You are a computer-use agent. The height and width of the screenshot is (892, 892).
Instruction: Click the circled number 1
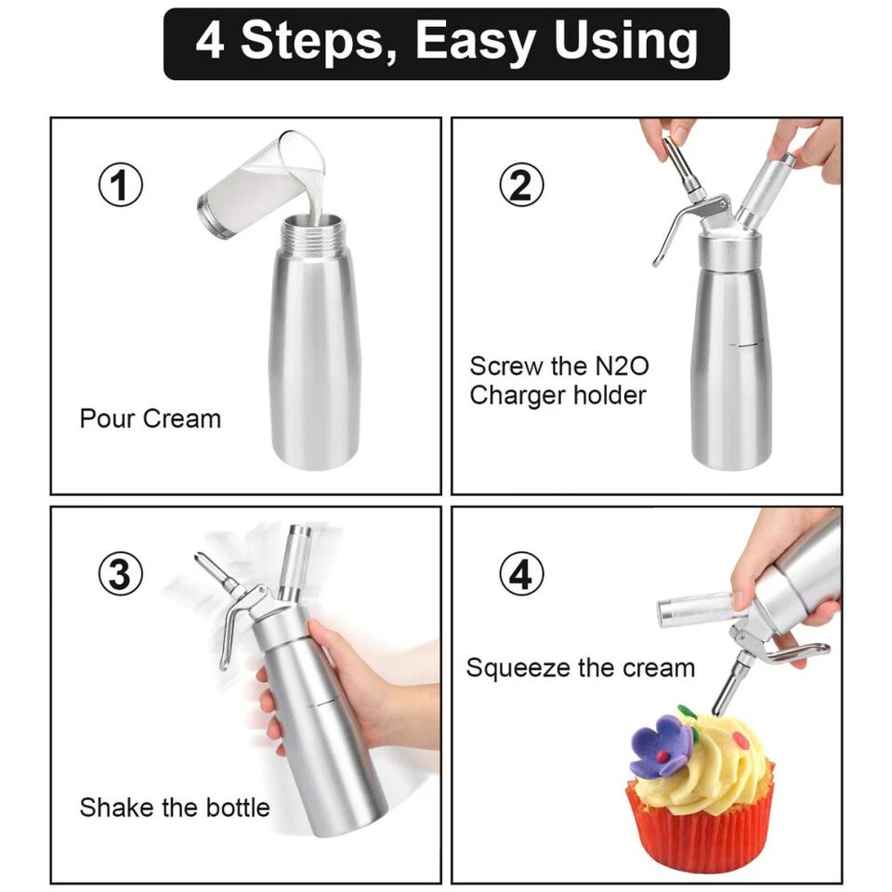click(121, 184)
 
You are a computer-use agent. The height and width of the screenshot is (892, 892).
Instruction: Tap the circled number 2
click(521, 184)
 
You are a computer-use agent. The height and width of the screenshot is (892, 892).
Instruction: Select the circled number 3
click(121, 573)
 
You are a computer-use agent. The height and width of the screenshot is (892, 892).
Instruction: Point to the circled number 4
click(521, 573)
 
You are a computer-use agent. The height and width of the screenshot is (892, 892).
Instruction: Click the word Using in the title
click(625, 42)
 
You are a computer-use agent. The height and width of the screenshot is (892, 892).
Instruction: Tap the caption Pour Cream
click(151, 419)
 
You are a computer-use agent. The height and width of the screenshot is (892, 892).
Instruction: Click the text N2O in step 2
click(622, 366)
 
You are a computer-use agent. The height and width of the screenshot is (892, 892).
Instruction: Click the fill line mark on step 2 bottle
click(746, 345)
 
